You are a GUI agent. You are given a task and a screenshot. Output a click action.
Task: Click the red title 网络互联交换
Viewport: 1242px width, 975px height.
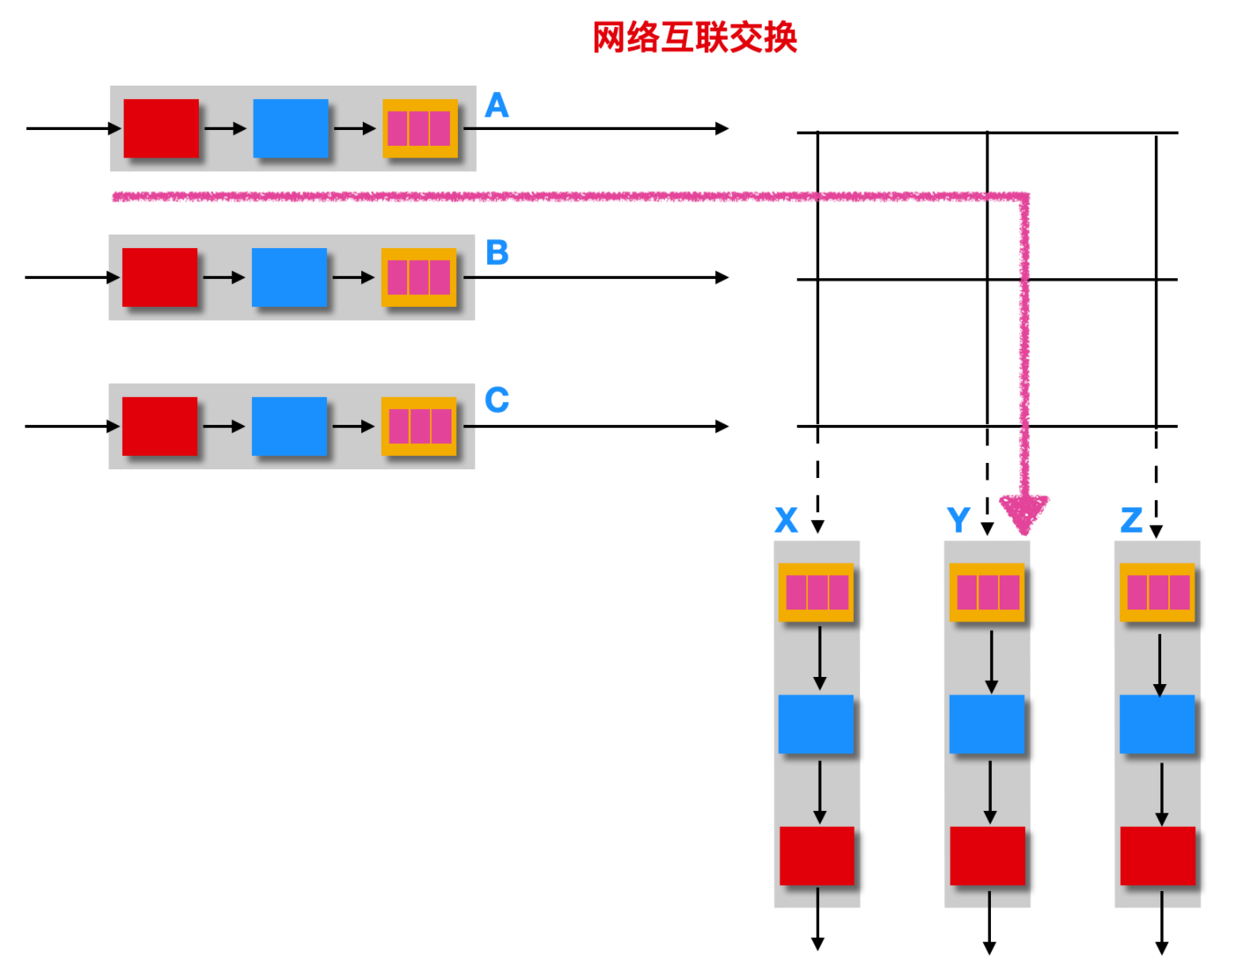point(695,37)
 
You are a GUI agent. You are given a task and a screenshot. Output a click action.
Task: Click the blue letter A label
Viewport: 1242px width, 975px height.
point(497,105)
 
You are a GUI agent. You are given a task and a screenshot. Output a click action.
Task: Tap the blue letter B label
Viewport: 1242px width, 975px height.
point(497,253)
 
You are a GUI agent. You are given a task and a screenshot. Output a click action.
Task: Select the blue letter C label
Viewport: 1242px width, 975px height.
point(497,400)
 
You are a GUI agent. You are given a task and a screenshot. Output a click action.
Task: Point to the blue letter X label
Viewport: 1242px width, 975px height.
point(786,521)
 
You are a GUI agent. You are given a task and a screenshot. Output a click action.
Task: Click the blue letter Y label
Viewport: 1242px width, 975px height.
point(958,521)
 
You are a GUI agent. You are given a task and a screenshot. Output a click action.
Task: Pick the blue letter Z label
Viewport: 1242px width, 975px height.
point(1131,521)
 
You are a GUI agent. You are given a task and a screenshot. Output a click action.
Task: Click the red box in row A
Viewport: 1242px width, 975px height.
point(161,128)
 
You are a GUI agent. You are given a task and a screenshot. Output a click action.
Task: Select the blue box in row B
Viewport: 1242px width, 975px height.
point(289,277)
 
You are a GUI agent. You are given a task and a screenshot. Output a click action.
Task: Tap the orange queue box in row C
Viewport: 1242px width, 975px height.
point(419,426)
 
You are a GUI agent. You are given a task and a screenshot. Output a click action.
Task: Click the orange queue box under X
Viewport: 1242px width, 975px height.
point(816,592)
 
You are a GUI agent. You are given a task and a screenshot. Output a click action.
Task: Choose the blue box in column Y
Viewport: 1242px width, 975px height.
point(987,725)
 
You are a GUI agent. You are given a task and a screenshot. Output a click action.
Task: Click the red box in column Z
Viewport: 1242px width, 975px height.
point(1157,856)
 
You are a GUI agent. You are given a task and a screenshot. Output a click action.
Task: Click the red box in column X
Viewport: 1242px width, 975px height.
point(817,856)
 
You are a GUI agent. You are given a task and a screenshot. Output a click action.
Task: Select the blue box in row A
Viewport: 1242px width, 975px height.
point(291,128)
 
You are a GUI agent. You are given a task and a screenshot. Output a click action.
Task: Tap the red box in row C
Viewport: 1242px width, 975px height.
point(159,426)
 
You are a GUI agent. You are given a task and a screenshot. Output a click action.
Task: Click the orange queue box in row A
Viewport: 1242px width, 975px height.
point(420,128)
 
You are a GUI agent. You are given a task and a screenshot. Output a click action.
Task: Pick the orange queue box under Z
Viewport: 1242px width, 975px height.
point(1157,592)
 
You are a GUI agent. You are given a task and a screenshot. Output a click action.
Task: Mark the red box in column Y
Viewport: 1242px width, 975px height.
point(987,856)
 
